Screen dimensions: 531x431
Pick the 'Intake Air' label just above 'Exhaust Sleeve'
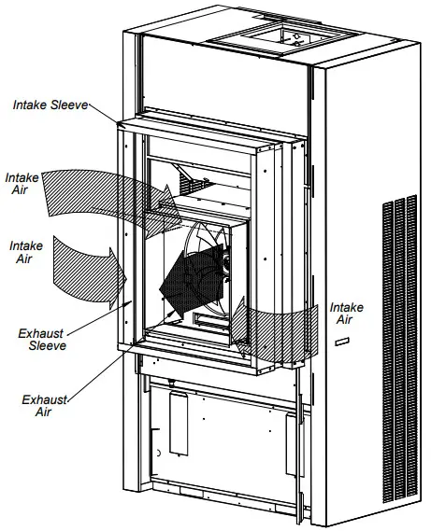(25, 252)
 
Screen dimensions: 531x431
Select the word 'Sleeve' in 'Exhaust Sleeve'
(45, 345)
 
